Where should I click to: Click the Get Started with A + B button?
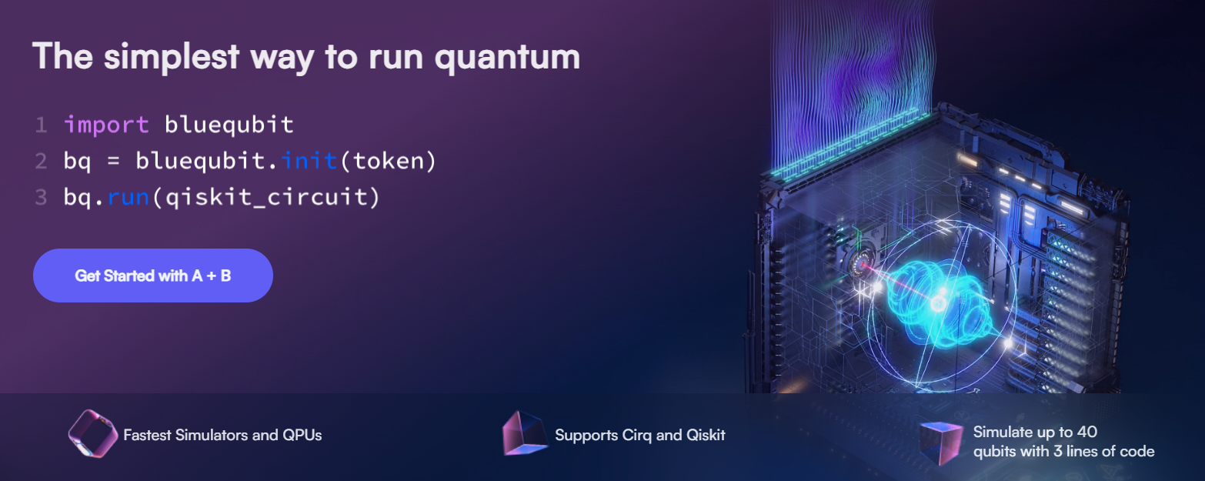(x=152, y=276)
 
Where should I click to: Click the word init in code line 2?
(x=308, y=161)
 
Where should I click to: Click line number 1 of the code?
(x=41, y=125)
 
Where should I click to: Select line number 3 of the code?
(x=41, y=197)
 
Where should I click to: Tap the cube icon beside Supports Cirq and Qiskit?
(x=524, y=434)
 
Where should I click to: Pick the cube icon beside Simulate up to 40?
(x=940, y=442)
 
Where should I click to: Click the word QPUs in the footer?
(x=303, y=435)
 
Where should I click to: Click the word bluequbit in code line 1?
(x=229, y=125)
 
